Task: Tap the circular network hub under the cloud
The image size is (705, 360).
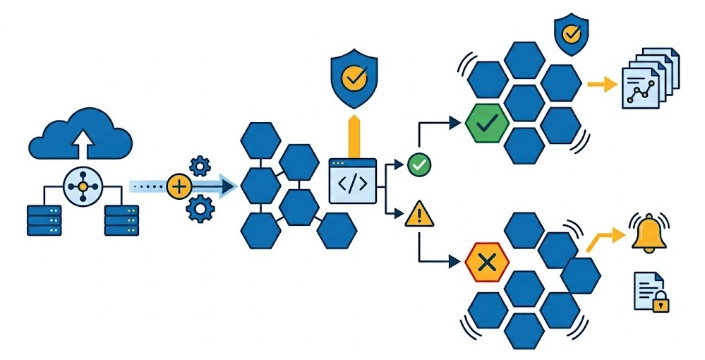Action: (x=83, y=186)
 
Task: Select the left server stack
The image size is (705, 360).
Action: (x=44, y=220)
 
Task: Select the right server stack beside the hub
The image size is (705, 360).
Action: (x=121, y=220)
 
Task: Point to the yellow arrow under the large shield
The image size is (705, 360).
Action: (x=354, y=136)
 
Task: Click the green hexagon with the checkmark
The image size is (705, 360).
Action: (x=486, y=124)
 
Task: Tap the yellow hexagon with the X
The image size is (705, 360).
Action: (x=486, y=263)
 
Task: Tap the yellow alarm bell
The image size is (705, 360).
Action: (x=649, y=235)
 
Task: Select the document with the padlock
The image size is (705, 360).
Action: (x=650, y=292)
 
